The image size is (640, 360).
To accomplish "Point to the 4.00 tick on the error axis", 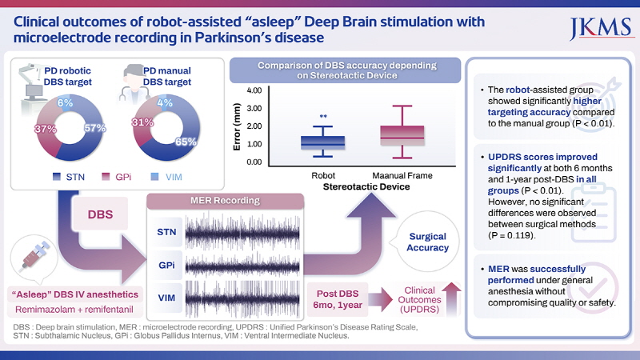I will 255,90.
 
